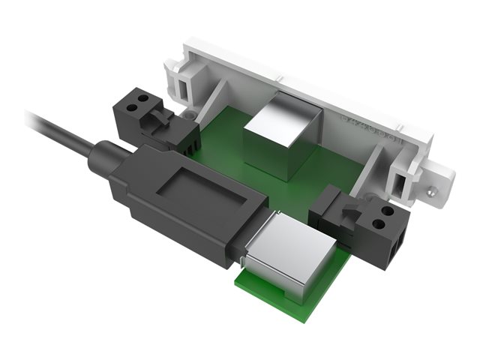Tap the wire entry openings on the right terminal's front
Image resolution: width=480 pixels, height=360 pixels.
(397, 244)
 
